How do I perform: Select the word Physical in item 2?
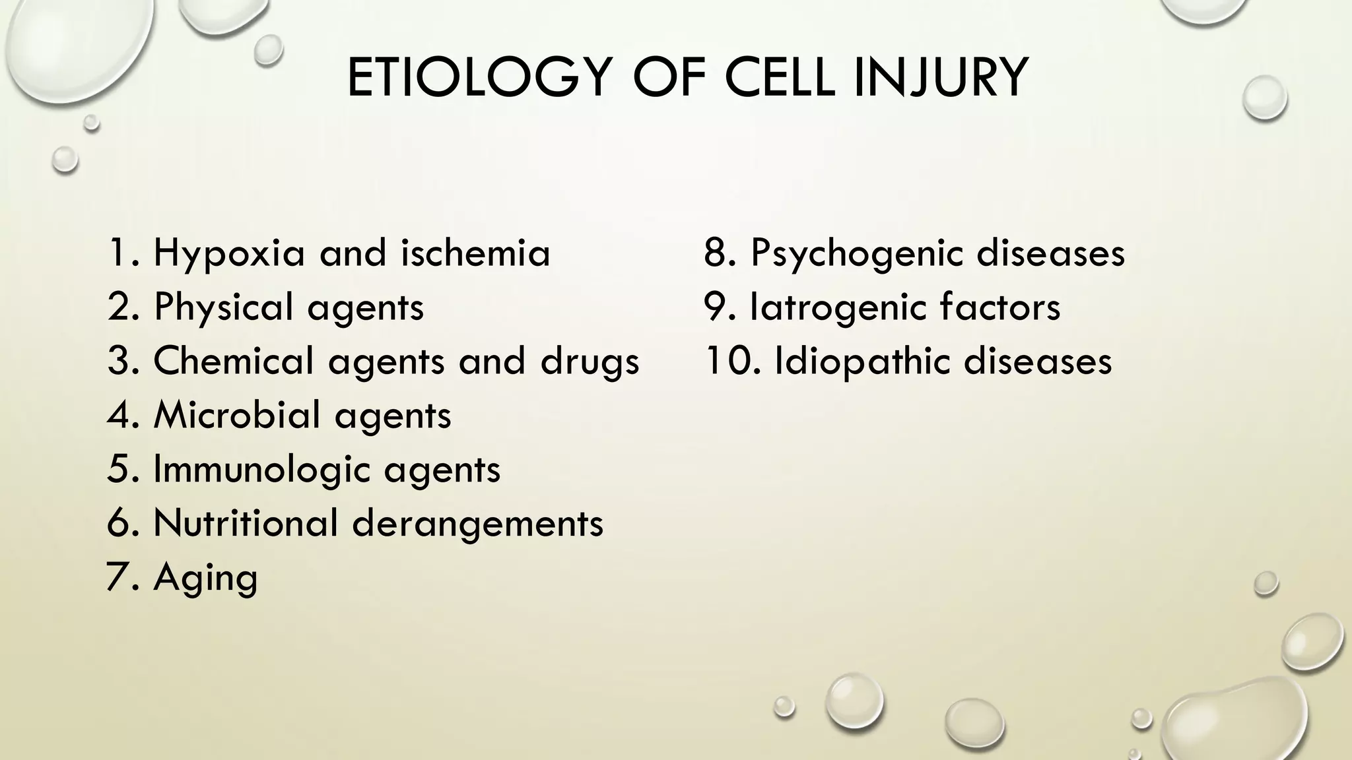coord(223,308)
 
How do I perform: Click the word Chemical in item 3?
coord(234,361)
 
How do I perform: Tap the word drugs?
coord(590,362)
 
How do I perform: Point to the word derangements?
coord(477,524)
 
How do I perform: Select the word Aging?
coord(205,579)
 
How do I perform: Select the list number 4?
coord(121,415)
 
